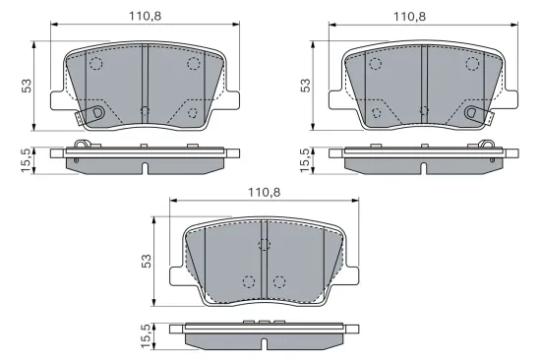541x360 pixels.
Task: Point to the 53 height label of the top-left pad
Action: (x=28, y=86)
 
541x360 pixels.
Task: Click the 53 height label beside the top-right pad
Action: (x=304, y=86)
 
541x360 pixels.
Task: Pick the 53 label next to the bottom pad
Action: (x=147, y=261)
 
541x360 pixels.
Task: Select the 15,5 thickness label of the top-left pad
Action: (x=28, y=159)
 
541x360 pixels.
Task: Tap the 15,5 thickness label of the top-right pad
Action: (x=304, y=159)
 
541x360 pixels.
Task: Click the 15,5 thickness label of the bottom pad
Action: (x=147, y=335)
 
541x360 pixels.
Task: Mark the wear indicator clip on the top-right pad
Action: (x=477, y=115)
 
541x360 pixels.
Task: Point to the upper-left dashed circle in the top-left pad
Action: (x=96, y=65)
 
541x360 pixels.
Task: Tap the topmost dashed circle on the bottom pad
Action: (x=264, y=244)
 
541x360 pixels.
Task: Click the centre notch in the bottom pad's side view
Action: (x=264, y=343)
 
